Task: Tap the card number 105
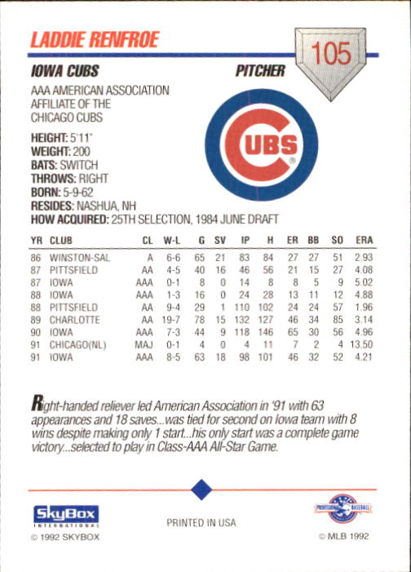(330, 55)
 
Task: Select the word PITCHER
(260, 72)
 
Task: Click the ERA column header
(364, 241)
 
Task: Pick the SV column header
(219, 241)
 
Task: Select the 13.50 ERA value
(360, 344)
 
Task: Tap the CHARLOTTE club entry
(75, 320)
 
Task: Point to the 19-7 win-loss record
(171, 320)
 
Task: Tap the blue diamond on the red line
(201, 490)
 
